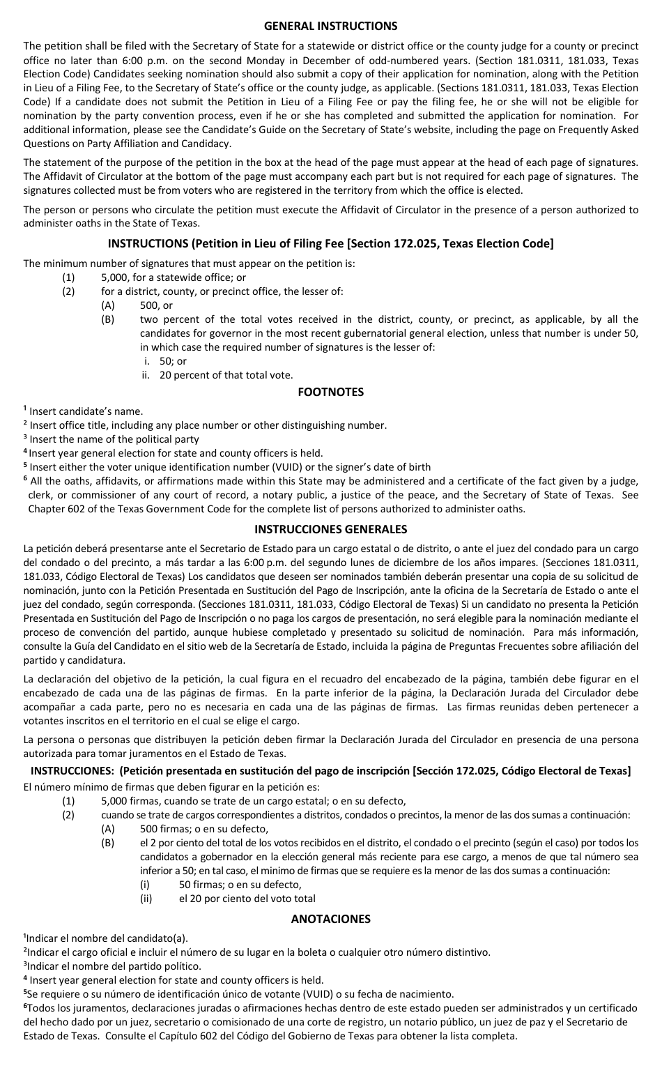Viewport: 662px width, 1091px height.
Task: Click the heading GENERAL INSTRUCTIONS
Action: [330, 26]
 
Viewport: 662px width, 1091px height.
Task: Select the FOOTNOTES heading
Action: [330, 392]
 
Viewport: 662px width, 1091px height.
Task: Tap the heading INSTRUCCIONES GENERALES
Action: [330, 529]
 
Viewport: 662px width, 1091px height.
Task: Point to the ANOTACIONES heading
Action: [330, 919]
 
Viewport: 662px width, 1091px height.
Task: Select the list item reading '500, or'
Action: [156, 305]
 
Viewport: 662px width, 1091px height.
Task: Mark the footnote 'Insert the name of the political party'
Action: [114, 439]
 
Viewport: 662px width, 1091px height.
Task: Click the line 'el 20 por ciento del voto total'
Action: [247, 899]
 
